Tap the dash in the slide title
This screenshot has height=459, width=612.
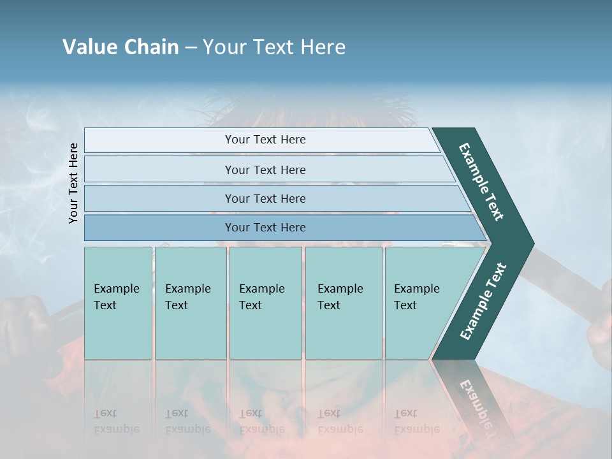click(x=191, y=48)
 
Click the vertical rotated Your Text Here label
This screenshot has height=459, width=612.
click(x=73, y=183)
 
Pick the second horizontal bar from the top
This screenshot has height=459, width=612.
click(x=265, y=170)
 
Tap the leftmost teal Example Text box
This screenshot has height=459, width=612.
click(x=118, y=303)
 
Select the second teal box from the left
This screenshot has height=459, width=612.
click(x=191, y=303)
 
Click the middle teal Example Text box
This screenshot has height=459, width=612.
click(x=265, y=303)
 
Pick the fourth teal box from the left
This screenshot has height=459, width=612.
click(x=344, y=303)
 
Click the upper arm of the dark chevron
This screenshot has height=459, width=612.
click(x=481, y=182)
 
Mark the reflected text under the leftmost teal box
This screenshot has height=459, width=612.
click(x=118, y=421)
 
